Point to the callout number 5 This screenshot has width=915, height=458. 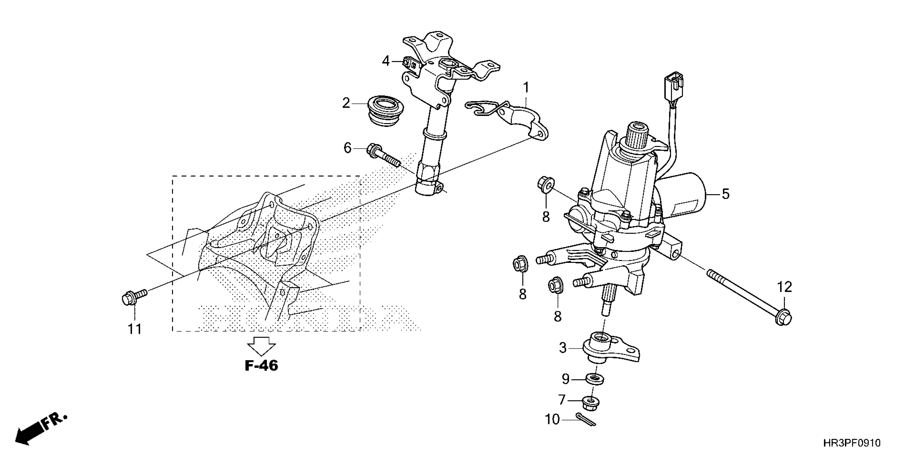(725, 194)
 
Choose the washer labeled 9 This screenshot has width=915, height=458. (595, 379)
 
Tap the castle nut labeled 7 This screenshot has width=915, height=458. (591, 403)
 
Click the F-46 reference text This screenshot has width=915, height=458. (261, 366)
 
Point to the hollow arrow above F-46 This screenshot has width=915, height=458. (261, 346)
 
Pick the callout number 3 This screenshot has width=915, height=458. (563, 348)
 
